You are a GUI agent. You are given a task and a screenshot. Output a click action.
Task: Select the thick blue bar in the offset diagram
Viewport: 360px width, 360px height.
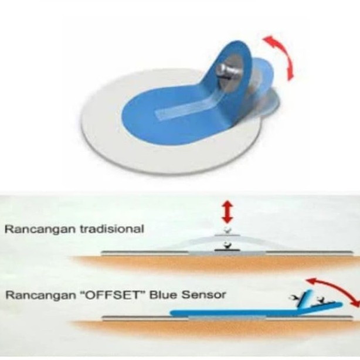(x=235, y=313)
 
